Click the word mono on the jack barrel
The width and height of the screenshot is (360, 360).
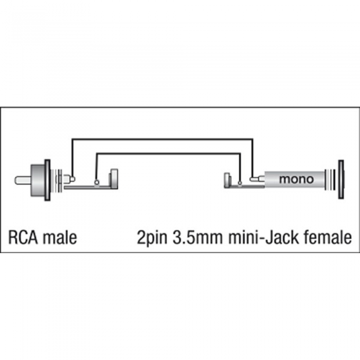[x=296, y=179]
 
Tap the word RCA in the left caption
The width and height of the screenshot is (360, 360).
[x=23, y=237]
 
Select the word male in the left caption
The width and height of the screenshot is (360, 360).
[x=60, y=237]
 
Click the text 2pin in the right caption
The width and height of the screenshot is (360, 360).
[x=152, y=238]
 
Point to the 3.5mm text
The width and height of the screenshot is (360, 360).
[x=197, y=237]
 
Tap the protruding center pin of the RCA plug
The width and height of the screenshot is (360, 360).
[x=23, y=180]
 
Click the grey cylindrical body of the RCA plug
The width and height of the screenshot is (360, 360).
[x=38, y=180]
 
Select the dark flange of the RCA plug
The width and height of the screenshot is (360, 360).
[x=47, y=180]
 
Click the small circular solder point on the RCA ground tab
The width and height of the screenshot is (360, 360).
[x=97, y=183]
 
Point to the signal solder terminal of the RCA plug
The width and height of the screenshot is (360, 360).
[x=69, y=178]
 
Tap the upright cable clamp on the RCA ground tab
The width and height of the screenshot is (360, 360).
[x=114, y=178]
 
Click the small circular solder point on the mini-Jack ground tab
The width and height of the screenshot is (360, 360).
[x=240, y=183]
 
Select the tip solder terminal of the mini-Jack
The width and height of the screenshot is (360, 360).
[x=258, y=178]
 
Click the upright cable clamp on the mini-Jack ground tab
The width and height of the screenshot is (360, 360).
[x=227, y=181]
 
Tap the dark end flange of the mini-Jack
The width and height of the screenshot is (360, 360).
[x=341, y=179]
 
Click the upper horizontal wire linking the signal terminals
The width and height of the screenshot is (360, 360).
[x=163, y=139]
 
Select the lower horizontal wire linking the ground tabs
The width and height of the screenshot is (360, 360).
[x=168, y=153]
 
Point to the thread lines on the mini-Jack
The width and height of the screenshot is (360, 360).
[x=330, y=180]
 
